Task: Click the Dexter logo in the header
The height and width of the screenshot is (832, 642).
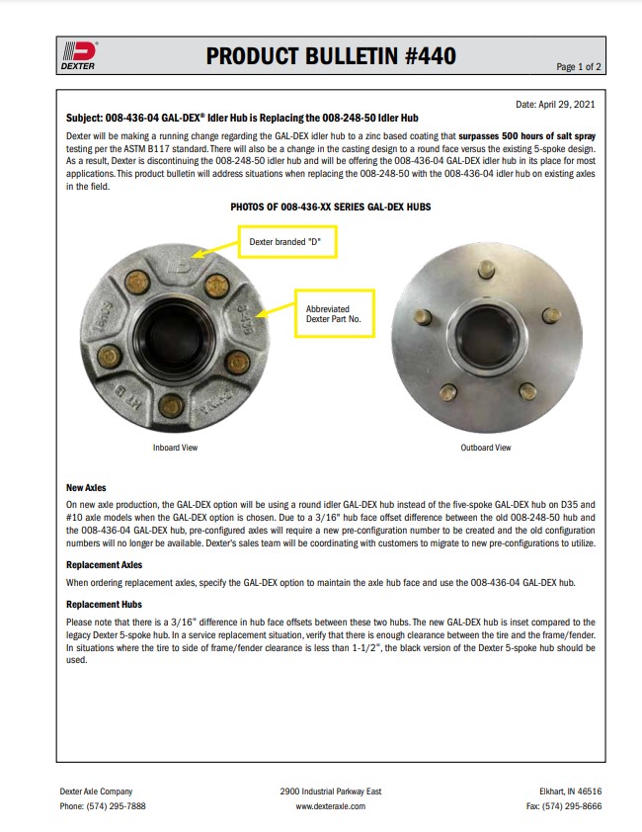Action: [x=79, y=55]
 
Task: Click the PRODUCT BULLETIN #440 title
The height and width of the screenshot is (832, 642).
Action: [x=331, y=56]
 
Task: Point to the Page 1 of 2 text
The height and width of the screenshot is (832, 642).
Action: [x=579, y=67]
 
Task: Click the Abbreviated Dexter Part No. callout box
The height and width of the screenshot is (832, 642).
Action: [x=336, y=314]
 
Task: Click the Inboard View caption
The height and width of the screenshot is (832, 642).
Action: [x=175, y=448]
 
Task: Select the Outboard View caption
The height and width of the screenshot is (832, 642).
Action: [x=486, y=448]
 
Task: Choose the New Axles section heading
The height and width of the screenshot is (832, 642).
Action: [x=87, y=488]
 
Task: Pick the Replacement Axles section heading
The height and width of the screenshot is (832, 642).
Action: [x=104, y=564]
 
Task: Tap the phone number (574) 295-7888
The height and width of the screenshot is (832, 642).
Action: [x=103, y=805]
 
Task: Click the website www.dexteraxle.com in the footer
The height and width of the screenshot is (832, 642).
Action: [x=331, y=805]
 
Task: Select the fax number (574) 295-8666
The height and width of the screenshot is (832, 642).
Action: [x=565, y=805]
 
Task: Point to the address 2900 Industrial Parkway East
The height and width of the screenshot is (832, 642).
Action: [x=331, y=791]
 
